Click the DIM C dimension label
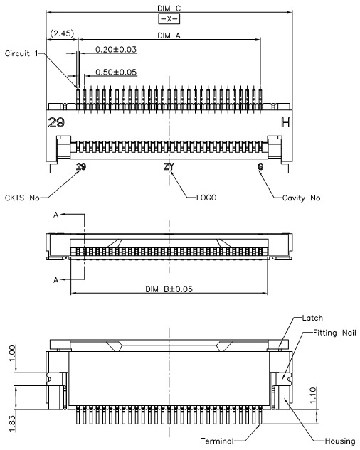(x=169, y=9)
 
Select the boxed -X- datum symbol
(x=169, y=19)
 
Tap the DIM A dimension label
(x=169, y=36)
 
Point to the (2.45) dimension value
(x=62, y=33)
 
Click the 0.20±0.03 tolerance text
(x=116, y=49)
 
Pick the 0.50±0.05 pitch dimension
(x=116, y=72)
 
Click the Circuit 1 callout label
(x=21, y=53)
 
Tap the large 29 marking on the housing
(x=56, y=122)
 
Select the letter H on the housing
(x=285, y=122)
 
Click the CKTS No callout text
(x=22, y=198)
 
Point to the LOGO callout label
(x=206, y=198)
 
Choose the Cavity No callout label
(x=301, y=198)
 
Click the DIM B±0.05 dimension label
(x=169, y=289)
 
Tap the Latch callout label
(x=312, y=318)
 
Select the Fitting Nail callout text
(x=334, y=333)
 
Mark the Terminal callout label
(x=218, y=441)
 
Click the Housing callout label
(x=340, y=441)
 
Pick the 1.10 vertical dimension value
(x=313, y=395)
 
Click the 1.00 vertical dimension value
(x=12, y=353)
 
